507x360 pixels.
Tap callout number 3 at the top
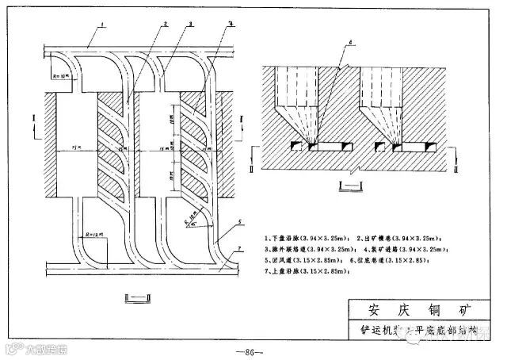191,25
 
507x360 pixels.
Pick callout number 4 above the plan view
231,25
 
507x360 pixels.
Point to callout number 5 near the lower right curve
239,223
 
